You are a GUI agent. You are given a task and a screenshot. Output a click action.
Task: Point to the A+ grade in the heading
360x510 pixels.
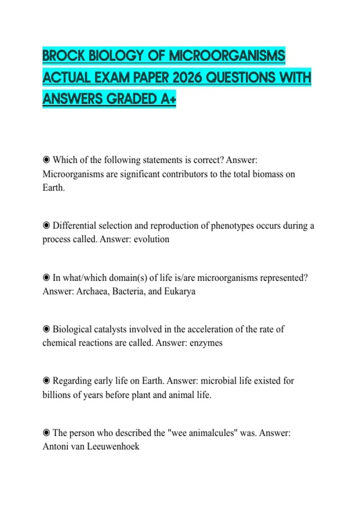click(168, 99)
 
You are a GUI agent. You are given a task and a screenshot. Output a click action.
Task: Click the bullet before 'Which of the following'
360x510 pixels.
click(46, 160)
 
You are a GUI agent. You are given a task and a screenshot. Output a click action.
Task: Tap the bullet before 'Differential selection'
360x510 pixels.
click(46, 225)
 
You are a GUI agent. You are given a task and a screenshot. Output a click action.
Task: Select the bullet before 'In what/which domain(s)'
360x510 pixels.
click(46, 277)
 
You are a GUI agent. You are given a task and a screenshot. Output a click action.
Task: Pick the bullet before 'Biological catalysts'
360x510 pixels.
click(46, 329)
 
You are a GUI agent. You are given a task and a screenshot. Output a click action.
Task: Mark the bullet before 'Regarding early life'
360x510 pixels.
click(46, 381)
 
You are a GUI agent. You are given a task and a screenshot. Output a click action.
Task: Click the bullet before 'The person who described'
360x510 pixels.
click(46, 433)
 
